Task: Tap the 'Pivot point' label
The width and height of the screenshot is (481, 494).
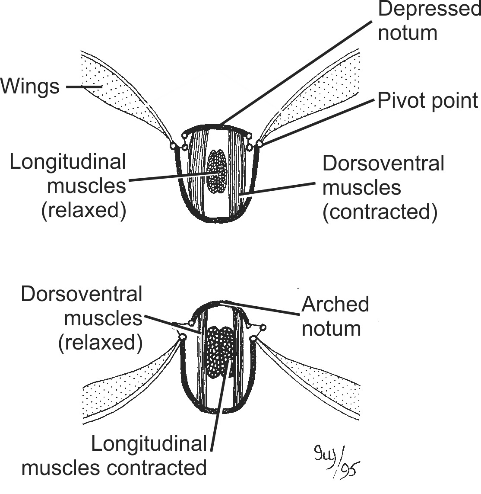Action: (x=427, y=100)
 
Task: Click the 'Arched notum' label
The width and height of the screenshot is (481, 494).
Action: (x=335, y=316)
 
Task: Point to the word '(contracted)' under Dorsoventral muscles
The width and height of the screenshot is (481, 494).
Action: (x=380, y=212)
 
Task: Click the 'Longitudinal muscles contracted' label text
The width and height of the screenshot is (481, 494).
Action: (x=114, y=456)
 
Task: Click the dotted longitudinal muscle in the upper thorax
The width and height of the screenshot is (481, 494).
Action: (x=217, y=170)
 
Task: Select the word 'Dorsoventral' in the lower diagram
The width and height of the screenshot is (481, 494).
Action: (x=82, y=294)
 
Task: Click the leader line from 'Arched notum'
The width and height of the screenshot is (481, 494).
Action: (x=259, y=309)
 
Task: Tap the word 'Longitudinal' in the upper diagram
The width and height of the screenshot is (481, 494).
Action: (x=68, y=162)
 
